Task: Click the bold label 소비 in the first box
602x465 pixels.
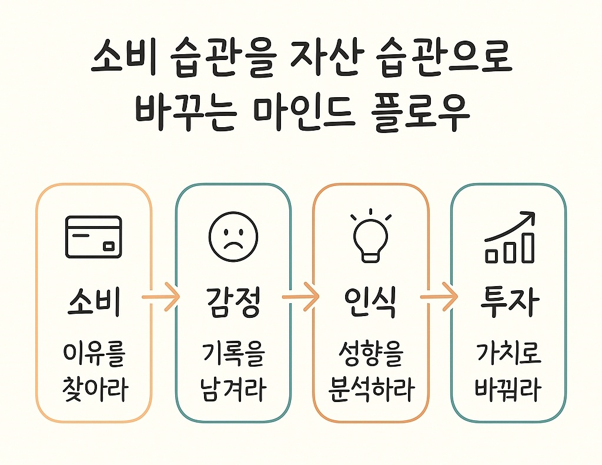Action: pyautogui.click(x=94, y=303)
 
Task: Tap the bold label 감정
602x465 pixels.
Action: pyautogui.click(x=233, y=303)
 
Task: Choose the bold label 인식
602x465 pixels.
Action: pyautogui.click(x=370, y=303)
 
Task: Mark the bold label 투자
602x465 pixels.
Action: pyautogui.click(x=510, y=303)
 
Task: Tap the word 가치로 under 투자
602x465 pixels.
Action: pyautogui.click(x=510, y=354)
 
